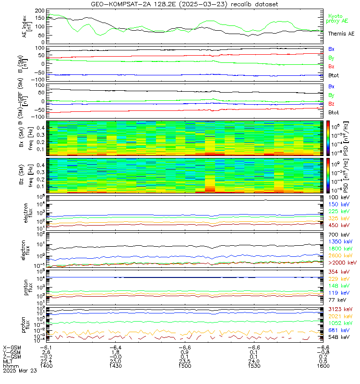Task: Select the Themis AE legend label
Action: [341, 34]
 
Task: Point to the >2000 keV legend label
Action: [341, 263]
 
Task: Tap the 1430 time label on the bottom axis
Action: [115, 366]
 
